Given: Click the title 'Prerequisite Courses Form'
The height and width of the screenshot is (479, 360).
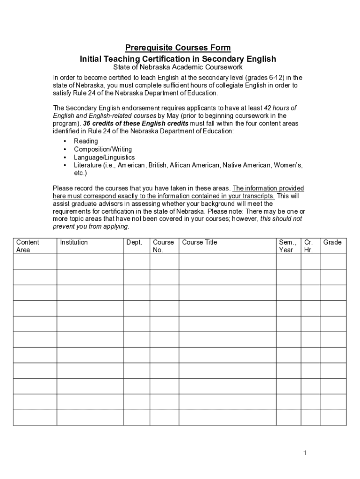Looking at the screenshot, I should (x=178, y=48).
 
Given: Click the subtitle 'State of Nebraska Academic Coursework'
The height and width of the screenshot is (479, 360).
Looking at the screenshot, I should (x=178, y=67).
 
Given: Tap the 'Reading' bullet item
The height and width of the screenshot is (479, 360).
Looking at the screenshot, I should (x=86, y=141).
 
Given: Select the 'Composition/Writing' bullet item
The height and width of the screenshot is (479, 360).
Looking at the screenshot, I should (x=103, y=149).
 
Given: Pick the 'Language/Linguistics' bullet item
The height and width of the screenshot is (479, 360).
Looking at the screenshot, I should (x=104, y=158).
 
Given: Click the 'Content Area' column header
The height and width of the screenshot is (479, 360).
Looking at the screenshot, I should (x=28, y=246).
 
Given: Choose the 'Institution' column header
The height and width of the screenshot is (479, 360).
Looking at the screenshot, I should (x=74, y=242).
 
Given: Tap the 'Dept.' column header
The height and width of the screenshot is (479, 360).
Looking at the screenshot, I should (x=134, y=242).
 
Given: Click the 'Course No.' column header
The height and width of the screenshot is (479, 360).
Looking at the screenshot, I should (x=163, y=246).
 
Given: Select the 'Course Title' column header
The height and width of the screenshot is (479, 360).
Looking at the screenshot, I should (x=200, y=242).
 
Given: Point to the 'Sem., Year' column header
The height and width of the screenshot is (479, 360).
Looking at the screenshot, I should (x=288, y=246).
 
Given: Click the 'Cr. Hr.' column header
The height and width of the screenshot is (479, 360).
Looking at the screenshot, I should (x=309, y=246).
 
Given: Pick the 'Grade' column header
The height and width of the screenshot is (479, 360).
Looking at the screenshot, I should (x=332, y=242).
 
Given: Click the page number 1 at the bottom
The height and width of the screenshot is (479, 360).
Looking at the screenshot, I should (x=304, y=453).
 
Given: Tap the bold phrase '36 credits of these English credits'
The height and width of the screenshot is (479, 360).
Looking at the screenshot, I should (x=136, y=123).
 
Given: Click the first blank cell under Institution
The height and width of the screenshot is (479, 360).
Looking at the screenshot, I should (x=90, y=261).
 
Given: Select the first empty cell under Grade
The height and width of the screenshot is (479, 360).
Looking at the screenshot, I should (x=333, y=261).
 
